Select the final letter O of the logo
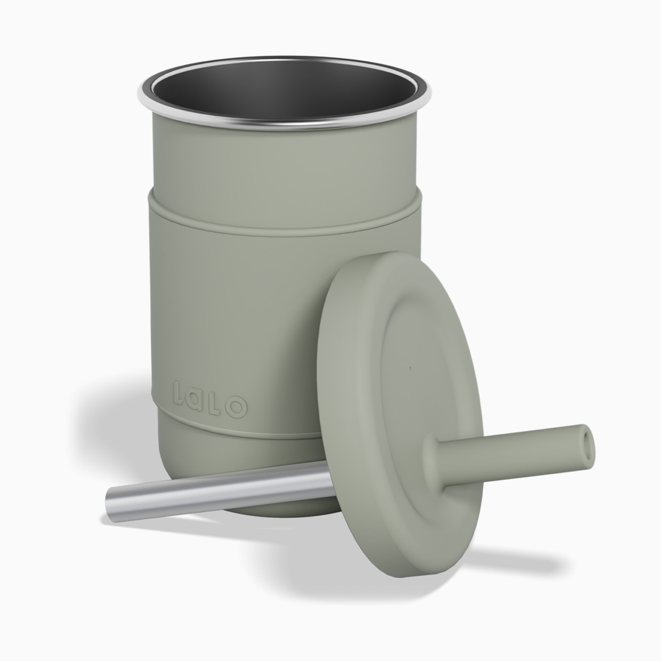(238, 408)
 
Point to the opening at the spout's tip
(587, 436)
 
